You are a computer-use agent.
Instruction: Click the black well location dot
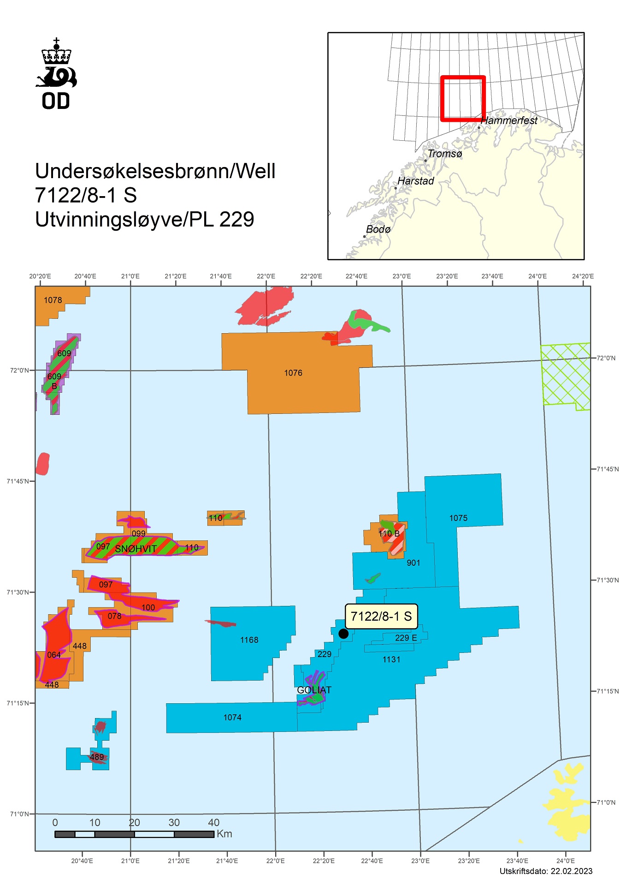click(x=343, y=634)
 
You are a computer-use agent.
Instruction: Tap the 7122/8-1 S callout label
click(x=381, y=617)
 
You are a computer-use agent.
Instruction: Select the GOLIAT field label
click(x=314, y=690)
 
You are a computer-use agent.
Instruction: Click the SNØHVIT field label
click(x=136, y=549)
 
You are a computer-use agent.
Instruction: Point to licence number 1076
click(x=293, y=373)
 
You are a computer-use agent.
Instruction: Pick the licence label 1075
click(x=458, y=518)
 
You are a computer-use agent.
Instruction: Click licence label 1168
click(x=249, y=640)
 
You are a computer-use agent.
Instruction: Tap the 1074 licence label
click(x=232, y=717)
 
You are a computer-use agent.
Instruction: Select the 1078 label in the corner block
click(x=53, y=300)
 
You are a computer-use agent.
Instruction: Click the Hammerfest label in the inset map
click(x=509, y=120)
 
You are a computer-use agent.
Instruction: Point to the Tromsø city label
click(x=444, y=154)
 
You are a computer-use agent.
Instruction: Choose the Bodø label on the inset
click(x=378, y=229)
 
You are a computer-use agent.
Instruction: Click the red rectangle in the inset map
click(x=463, y=77)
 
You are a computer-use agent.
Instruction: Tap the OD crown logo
click(x=56, y=74)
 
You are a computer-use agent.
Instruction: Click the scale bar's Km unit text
click(x=224, y=834)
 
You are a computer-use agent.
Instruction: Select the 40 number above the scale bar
click(x=213, y=822)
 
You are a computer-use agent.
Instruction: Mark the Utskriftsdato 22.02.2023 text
click(x=546, y=871)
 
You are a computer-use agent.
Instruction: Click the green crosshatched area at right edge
click(x=565, y=376)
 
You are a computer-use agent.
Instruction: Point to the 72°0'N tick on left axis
click(x=19, y=370)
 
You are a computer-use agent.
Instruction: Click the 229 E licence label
click(x=406, y=638)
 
